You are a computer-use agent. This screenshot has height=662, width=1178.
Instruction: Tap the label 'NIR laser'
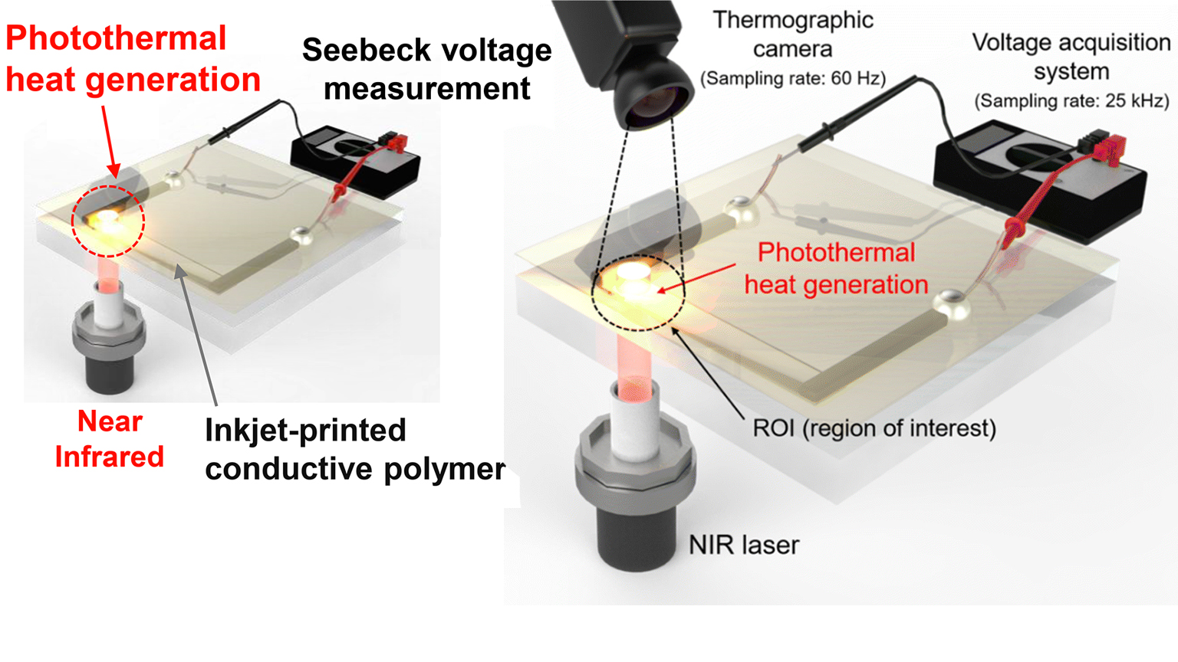[743, 545]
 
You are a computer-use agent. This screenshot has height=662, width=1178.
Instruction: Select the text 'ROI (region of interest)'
[874, 428]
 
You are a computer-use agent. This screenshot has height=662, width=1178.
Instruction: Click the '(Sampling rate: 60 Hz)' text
[792, 78]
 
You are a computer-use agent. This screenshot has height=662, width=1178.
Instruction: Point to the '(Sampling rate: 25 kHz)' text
[1071, 100]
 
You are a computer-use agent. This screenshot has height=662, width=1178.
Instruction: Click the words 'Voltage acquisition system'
[1071, 56]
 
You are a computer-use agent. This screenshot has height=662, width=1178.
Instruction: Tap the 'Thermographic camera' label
[792, 34]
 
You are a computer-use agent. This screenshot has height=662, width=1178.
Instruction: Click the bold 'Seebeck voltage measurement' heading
[426, 69]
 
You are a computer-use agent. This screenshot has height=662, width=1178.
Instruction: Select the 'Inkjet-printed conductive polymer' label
[354, 449]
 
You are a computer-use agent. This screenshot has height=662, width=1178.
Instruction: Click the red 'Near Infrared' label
[110, 439]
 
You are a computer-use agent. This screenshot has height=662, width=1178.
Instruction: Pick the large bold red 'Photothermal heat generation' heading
[133, 59]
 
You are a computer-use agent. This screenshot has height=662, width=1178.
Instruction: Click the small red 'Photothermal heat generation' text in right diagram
[836, 268]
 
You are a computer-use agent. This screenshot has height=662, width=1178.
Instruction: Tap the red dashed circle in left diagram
[108, 221]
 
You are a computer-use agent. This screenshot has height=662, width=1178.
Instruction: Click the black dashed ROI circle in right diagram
[638, 292]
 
